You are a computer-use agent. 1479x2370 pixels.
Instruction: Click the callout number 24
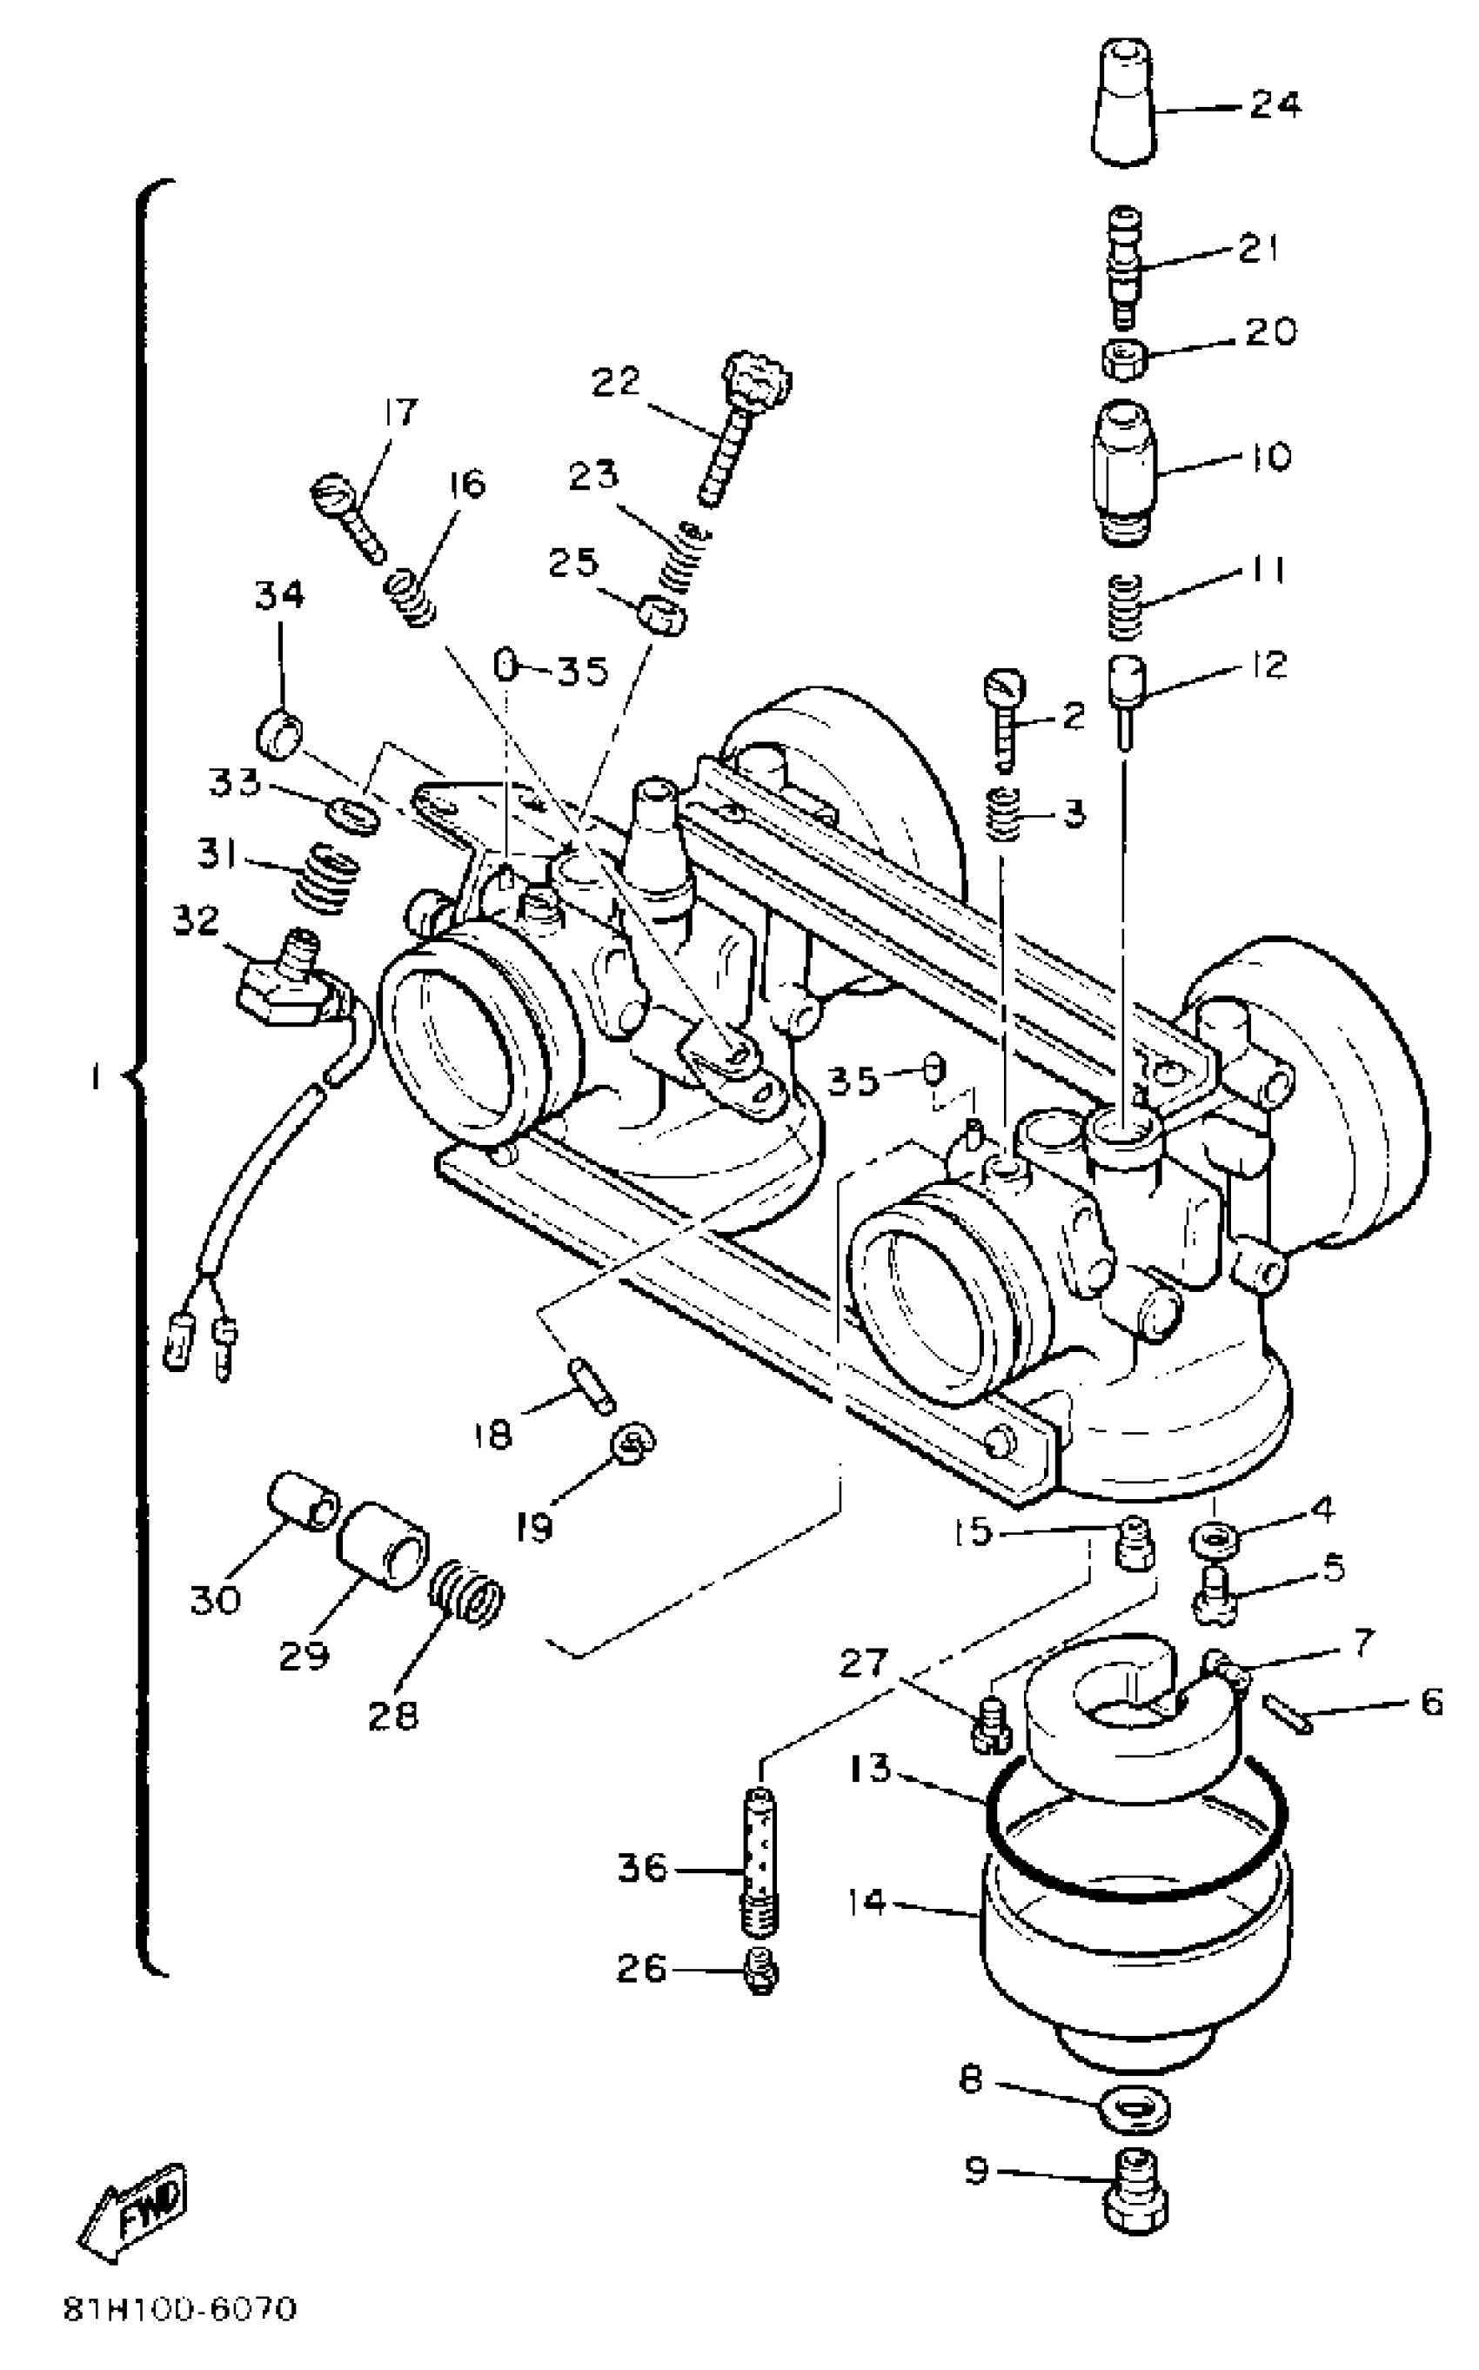click(1275, 104)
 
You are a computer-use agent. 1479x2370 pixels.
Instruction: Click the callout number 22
click(615, 380)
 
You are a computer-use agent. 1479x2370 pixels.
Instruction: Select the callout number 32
click(196, 921)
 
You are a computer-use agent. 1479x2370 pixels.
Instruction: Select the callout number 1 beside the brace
click(95, 1077)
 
